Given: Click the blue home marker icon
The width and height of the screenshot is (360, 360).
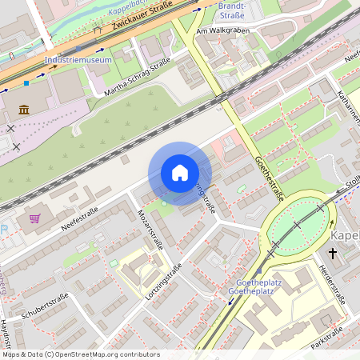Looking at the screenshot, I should [x=180, y=173].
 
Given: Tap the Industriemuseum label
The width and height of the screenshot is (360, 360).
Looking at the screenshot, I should [x=78, y=60].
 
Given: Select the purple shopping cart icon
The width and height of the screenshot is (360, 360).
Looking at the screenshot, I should [x=34, y=218].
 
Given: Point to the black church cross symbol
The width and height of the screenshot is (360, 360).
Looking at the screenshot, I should [x=333, y=254].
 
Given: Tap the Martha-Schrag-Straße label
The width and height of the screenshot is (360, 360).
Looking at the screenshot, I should [x=138, y=81].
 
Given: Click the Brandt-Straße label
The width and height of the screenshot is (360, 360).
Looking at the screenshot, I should [x=231, y=10].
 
